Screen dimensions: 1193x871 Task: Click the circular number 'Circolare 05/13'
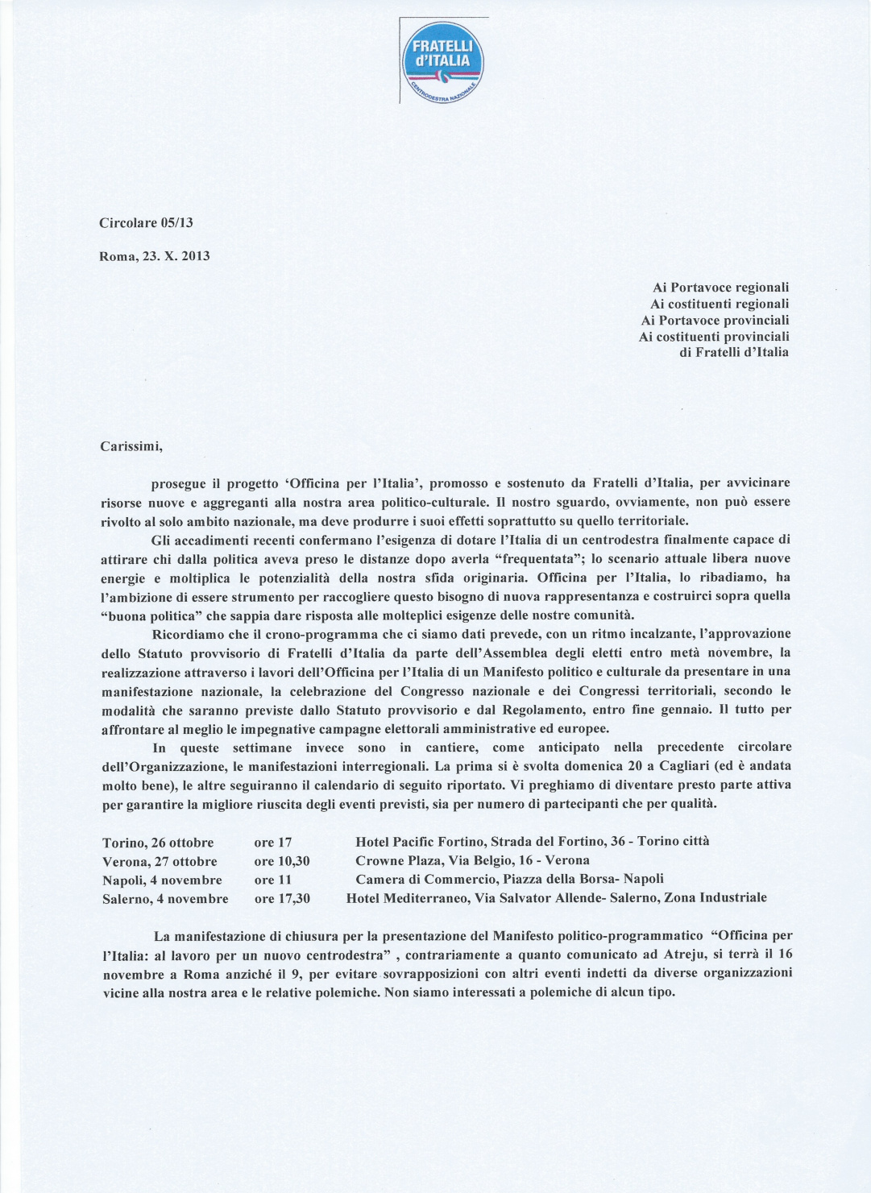click(x=146, y=222)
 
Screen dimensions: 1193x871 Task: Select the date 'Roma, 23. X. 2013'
click(x=154, y=256)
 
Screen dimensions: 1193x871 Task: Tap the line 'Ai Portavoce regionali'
click(x=720, y=287)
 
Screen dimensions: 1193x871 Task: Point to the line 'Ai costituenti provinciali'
click(x=714, y=336)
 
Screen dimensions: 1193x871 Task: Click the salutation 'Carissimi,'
click(x=132, y=445)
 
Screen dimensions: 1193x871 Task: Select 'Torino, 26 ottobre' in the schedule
click(x=158, y=843)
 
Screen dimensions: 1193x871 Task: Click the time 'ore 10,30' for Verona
click(x=282, y=861)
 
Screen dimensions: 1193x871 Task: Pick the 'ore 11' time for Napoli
click(x=272, y=880)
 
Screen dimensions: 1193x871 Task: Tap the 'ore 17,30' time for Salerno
click(x=282, y=898)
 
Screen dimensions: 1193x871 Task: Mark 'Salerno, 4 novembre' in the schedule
click(x=165, y=899)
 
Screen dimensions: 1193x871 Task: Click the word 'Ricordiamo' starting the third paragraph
click(x=189, y=634)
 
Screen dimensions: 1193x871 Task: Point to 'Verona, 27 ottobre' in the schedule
click(x=160, y=861)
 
